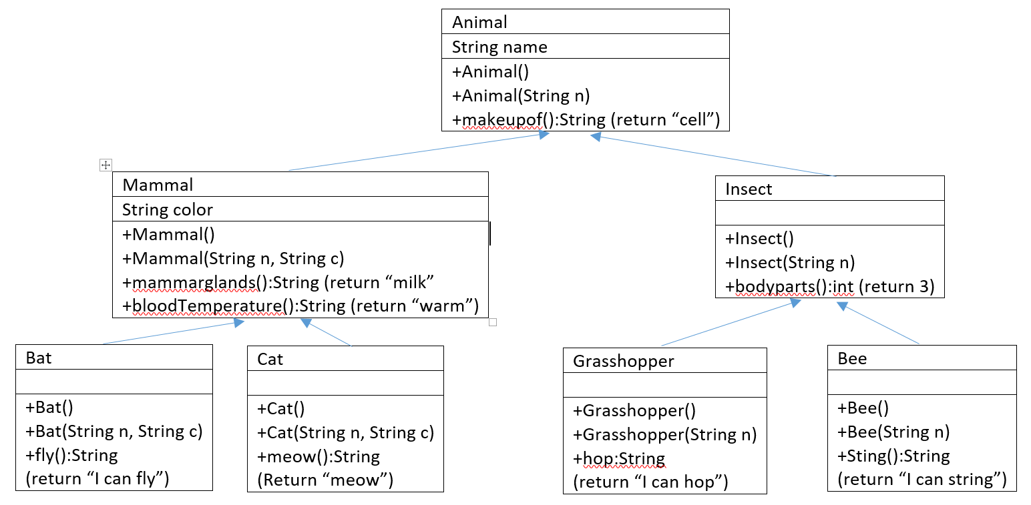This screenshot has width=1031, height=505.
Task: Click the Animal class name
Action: pos(479,22)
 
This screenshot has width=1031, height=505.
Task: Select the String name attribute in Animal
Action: pos(499,47)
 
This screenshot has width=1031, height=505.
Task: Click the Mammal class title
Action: pos(158,185)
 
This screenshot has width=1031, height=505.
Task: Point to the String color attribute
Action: pos(167,210)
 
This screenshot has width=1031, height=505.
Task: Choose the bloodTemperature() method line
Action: pos(300,306)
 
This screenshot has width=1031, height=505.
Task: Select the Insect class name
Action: pos(748,189)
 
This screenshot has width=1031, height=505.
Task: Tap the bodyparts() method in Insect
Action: pos(829,287)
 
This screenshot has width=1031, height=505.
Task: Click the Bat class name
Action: pos(39,358)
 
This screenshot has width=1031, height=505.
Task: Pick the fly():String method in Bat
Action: pos(71,456)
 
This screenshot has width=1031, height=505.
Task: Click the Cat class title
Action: pos(270,360)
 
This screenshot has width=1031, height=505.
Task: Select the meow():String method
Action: pos(318,456)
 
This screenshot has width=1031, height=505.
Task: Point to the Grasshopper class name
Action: pos(623,362)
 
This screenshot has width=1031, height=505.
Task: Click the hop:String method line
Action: pos(618,459)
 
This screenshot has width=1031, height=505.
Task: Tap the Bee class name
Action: pos(852,359)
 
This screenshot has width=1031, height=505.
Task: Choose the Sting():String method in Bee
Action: pos(893,456)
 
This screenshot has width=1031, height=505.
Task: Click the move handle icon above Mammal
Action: pos(105,165)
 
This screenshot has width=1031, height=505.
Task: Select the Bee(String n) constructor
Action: pos(893,432)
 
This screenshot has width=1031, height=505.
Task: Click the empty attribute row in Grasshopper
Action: pos(664,386)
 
